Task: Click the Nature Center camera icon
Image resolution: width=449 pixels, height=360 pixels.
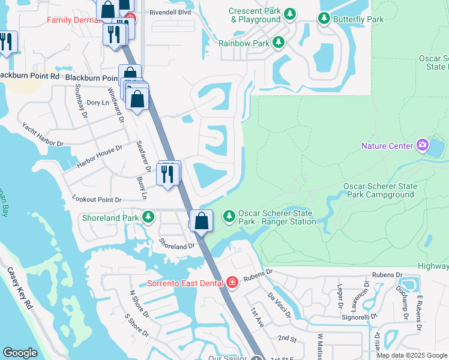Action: pos(423,145)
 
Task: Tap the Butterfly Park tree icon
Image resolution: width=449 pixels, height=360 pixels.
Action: pos(324,19)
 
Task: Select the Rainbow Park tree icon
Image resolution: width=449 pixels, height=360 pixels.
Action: pos(278,43)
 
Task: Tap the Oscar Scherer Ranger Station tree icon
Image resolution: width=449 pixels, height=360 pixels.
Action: pos(229,215)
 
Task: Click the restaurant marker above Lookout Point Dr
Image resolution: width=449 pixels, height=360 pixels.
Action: pos(167,173)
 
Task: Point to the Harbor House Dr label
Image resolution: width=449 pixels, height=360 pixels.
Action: pos(99,155)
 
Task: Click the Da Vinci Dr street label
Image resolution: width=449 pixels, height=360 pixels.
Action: pos(279,305)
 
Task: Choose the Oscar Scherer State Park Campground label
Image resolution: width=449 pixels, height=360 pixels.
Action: pos(379,190)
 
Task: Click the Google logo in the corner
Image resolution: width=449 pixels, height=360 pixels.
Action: pos(20,352)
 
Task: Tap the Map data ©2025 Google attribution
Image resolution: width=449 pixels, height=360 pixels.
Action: pos(411,355)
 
